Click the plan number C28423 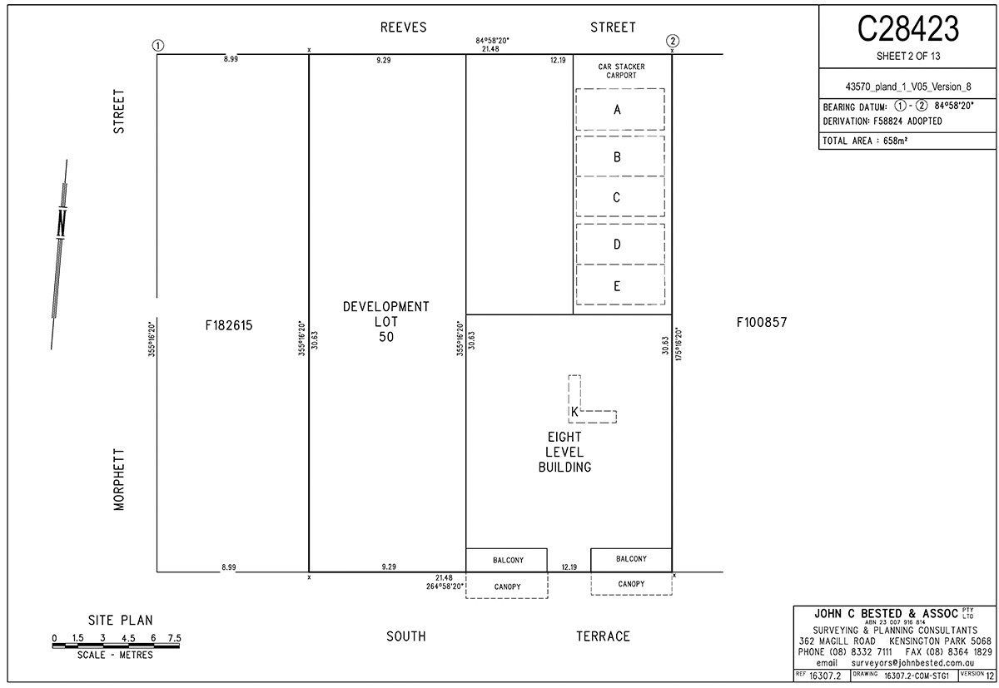point(908,29)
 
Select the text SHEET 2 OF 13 point(908,56)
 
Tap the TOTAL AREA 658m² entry point(865,141)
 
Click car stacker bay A point(620,110)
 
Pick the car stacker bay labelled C point(620,196)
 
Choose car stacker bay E point(620,285)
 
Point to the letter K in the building point(574,412)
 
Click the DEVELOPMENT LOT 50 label point(386,322)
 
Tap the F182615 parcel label point(229,325)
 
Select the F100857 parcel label point(762,322)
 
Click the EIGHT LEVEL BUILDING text point(564,452)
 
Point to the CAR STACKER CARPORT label point(621,71)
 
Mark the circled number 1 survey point point(158,46)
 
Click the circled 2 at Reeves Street point(673,41)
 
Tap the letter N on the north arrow point(62,223)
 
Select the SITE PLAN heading point(121,621)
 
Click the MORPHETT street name point(119,479)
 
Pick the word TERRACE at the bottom point(603,636)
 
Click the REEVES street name point(403,27)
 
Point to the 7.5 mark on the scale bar point(174,638)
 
